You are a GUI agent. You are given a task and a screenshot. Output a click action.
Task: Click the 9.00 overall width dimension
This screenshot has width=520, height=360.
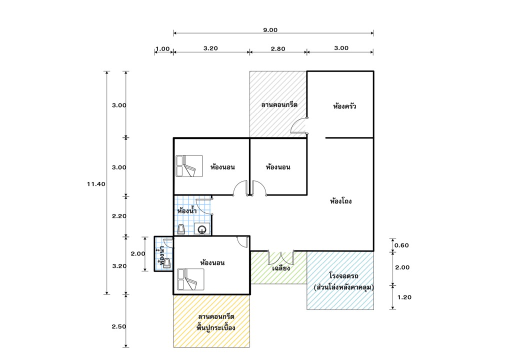[x=270, y=30]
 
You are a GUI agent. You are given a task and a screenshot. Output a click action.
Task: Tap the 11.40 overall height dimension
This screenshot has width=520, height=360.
[x=95, y=184]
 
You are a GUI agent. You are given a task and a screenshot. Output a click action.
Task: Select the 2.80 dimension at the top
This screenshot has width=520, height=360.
[x=277, y=48]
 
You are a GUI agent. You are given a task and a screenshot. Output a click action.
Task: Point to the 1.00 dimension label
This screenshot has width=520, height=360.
[x=162, y=49]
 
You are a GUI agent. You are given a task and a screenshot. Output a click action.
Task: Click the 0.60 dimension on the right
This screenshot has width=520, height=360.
[x=401, y=245]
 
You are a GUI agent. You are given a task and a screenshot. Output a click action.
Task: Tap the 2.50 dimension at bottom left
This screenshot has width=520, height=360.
[x=118, y=326]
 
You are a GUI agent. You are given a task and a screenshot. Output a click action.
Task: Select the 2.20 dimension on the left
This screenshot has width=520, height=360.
[x=118, y=216]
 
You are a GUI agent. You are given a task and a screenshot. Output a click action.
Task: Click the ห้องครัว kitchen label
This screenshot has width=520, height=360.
[x=344, y=106]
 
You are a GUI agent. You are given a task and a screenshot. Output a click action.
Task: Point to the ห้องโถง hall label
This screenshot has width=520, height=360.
[x=341, y=202]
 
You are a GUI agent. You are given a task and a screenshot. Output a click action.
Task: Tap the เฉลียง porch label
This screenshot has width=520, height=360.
[x=281, y=268]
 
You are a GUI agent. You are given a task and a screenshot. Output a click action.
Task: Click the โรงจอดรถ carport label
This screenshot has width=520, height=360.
[x=344, y=276]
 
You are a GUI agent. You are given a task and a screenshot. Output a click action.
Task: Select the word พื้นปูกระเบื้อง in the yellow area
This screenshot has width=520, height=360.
[x=216, y=328]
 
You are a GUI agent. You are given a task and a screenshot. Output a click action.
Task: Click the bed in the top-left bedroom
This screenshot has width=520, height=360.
[x=189, y=166]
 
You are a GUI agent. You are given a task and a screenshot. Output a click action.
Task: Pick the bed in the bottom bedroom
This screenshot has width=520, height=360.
[x=190, y=279]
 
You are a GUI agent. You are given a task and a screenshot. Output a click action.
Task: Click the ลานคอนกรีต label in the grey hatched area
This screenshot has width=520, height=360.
[x=279, y=105]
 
